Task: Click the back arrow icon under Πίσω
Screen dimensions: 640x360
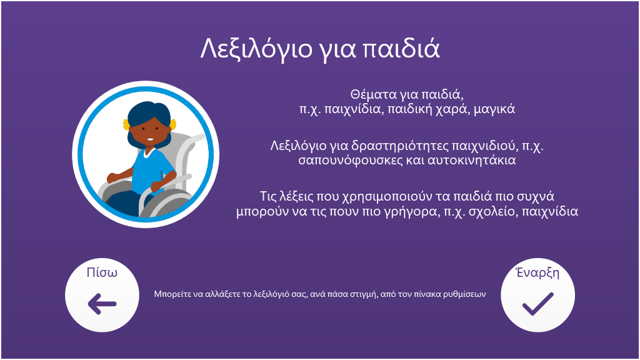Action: tap(102, 304)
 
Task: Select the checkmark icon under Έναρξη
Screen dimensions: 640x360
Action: tap(538, 304)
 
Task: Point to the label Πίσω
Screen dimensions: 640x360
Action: tap(102, 272)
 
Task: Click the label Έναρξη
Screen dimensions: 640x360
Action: tap(537, 272)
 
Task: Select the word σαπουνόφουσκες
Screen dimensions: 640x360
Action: tap(350, 160)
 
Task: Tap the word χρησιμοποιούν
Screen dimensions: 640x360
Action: tap(387, 197)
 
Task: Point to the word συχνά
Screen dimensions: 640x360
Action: tap(535, 197)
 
